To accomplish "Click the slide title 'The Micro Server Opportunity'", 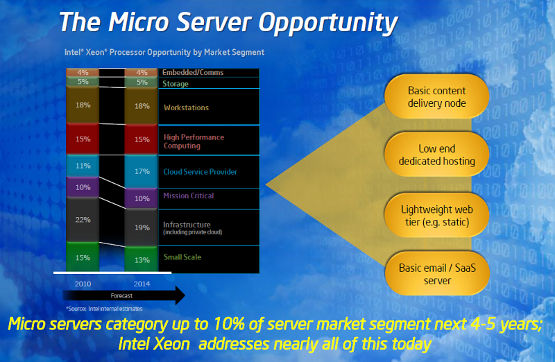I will click(228, 22).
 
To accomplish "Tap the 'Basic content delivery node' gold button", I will click(436, 98).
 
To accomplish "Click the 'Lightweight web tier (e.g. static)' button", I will click(436, 215).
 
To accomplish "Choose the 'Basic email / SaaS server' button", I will click(436, 274).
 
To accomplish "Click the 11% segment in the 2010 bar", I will click(83, 166).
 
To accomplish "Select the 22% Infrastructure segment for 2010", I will click(83, 219).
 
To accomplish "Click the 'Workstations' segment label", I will click(186, 107).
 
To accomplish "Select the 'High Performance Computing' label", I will click(194, 141).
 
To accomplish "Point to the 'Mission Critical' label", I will click(188, 196).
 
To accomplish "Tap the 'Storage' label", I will click(175, 84).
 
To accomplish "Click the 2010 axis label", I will click(83, 284).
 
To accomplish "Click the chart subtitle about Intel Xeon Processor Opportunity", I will click(165, 52).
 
